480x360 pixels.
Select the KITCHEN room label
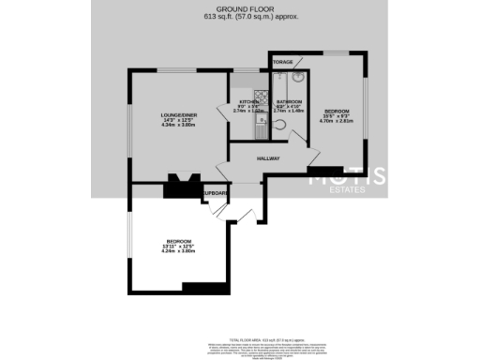(247, 101)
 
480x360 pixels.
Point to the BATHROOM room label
(289, 101)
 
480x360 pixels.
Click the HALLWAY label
(269, 158)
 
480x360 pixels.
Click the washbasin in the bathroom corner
(297, 79)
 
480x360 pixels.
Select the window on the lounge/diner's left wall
(131, 126)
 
